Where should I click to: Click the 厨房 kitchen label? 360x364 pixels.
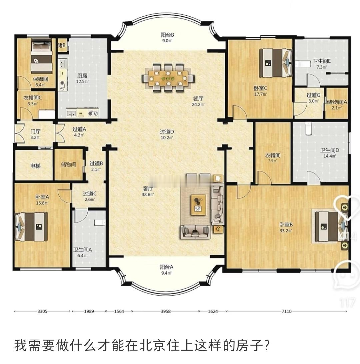[x=82, y=76]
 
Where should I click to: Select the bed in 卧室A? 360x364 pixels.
[x=32, y=227]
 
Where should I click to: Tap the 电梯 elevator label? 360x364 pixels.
[x=35, y=165]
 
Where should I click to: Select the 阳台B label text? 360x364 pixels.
[x=167, y=35]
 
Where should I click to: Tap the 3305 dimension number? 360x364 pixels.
[x=42, y=311]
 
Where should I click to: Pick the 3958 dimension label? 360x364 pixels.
[x=166, y=311]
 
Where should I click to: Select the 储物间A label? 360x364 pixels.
[x=337, y=102]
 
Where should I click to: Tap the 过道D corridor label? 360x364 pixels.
[x=167, y=132]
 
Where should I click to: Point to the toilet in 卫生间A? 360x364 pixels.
[x=99, y=222]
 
